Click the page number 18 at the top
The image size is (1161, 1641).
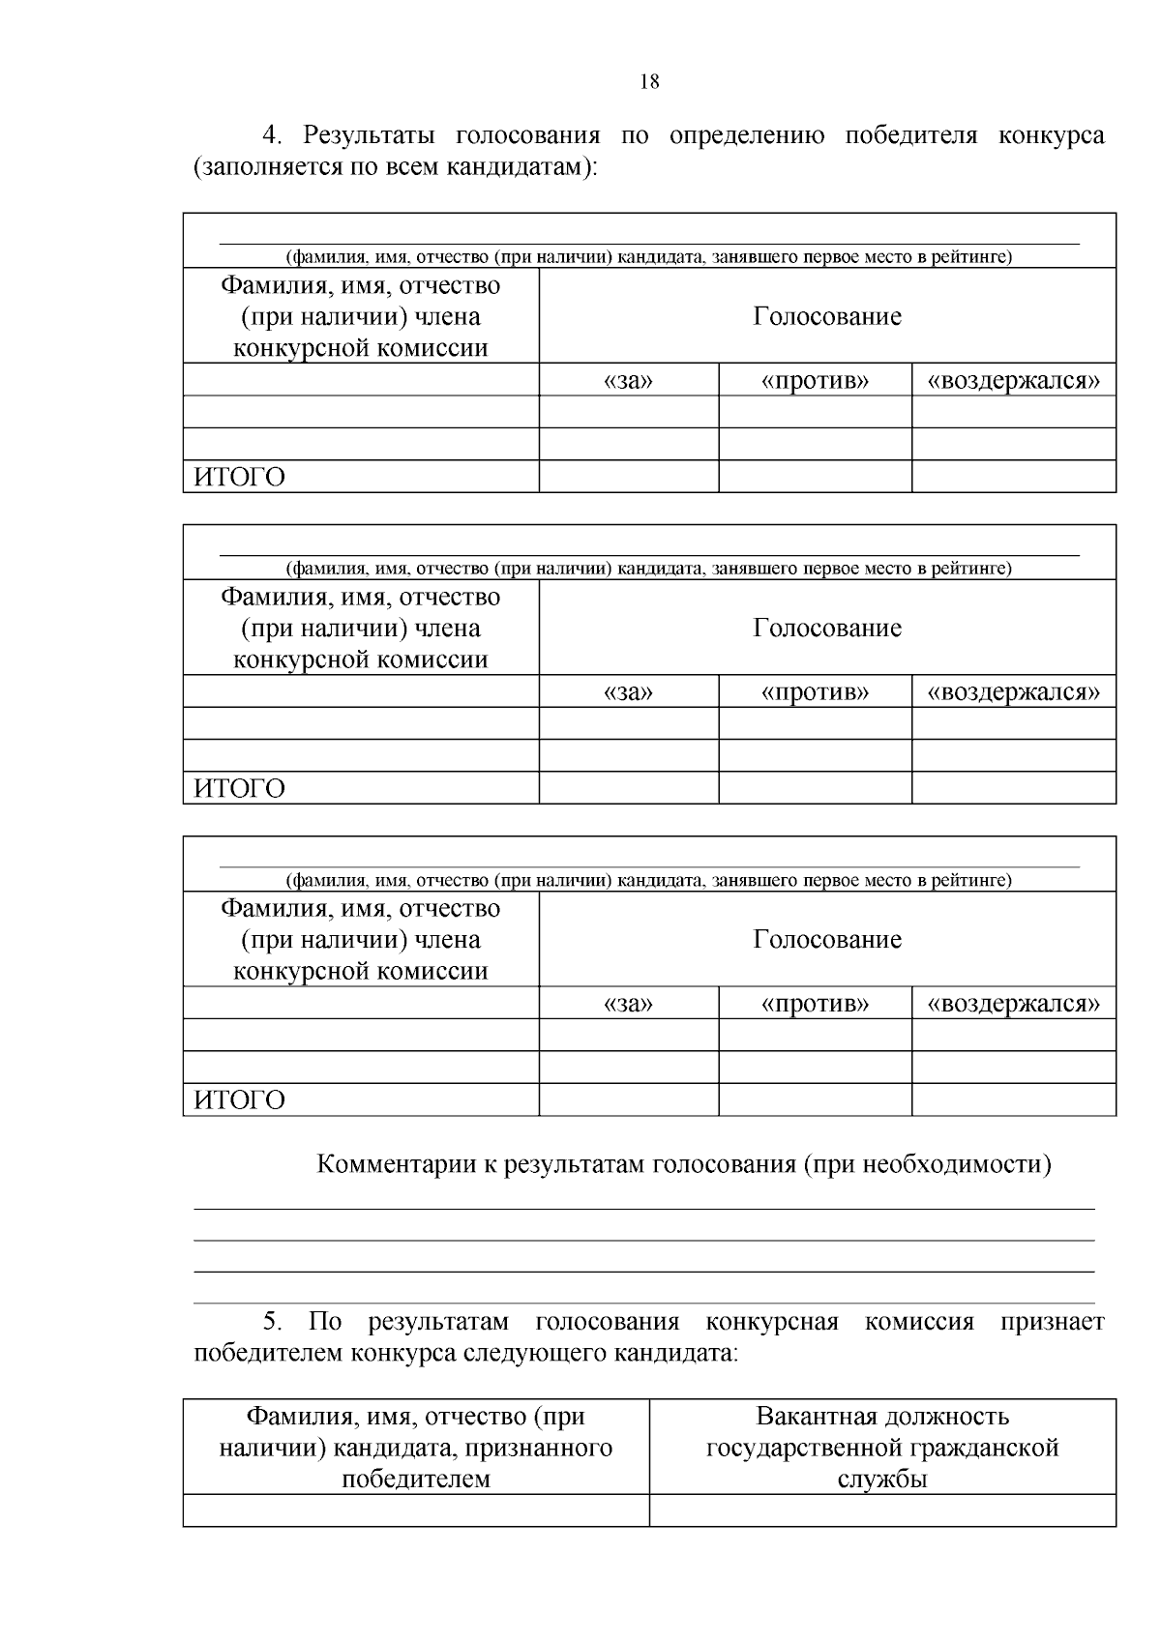point(649,82)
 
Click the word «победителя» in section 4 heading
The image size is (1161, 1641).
point(909,135)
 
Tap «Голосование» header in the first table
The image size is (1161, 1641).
point(827,316)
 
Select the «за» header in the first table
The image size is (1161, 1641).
point(628,381)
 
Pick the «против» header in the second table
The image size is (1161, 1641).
point(815,692)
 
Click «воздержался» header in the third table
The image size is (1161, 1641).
point(1013,1004)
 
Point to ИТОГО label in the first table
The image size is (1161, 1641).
point(240,478)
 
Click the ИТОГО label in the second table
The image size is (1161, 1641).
point(240,789)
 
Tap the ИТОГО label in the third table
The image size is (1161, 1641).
point(240,1100)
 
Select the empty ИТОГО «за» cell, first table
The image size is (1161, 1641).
point(628,477)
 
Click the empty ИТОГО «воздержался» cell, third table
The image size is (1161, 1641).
point(1013,1099)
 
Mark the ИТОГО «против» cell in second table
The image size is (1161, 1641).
point(815,788)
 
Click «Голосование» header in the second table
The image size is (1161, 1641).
point(827,628)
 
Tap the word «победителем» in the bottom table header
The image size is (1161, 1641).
point(416,1479)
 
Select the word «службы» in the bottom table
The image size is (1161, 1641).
point(882,1479)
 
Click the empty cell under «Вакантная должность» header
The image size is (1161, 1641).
point(882,1510)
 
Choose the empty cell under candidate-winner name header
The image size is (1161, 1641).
point(416,1510)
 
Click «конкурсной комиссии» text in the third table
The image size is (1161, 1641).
point(360,971)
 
